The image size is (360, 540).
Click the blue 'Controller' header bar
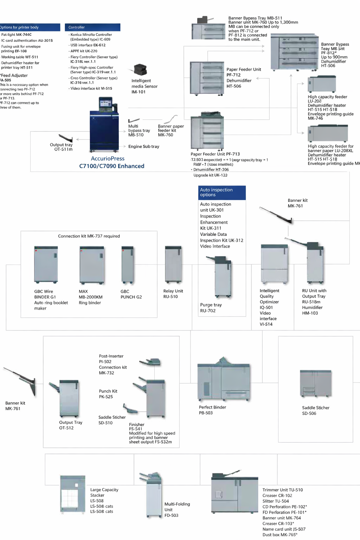pos(92,27)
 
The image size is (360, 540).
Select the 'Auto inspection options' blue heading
pos(222,192)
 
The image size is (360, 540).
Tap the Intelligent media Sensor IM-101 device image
pos(140,70)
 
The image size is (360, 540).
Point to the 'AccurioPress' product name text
pos(108,159)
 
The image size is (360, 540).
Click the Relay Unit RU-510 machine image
pos(173,264)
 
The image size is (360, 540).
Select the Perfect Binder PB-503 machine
pos(224,381)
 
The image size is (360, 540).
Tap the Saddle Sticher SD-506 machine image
pos(316,384)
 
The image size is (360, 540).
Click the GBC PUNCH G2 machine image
pos(127,264)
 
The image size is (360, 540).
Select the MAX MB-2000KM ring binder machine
pos(92,264)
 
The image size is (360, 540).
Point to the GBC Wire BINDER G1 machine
pos(46,264)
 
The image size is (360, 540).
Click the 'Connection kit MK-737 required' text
pos(89,236)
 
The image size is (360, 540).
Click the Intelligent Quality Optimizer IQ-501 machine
pos(274,264)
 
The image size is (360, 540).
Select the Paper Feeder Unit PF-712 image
pos(207,78)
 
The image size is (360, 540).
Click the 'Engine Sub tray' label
pos(144,147)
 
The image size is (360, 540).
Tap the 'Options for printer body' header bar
pos(30,27)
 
